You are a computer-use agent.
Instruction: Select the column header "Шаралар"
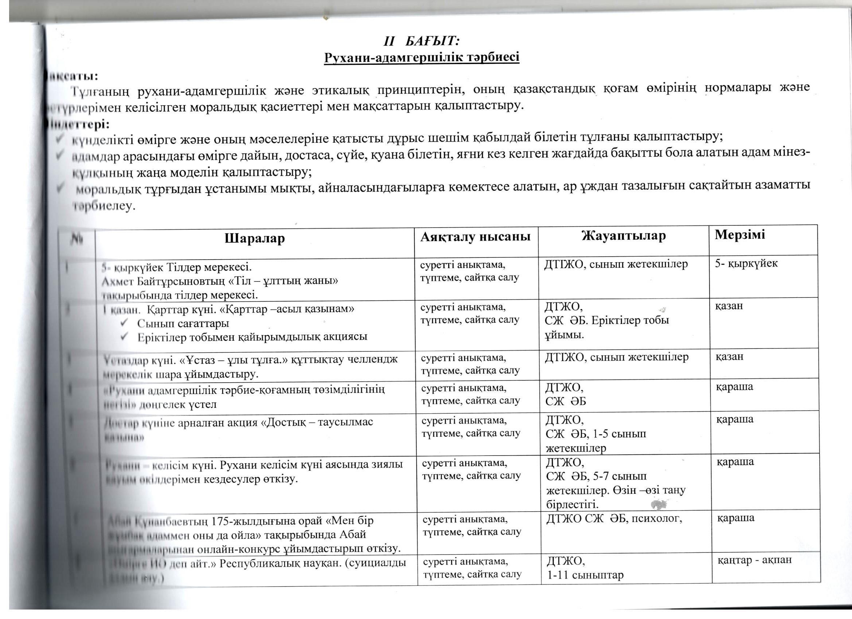[255, 239]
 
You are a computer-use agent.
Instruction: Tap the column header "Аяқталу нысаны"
[475, 236]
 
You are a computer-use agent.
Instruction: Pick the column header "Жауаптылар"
[623, 235]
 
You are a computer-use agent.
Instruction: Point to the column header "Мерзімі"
[740, 234]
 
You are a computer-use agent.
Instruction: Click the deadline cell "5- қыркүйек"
[746, 263]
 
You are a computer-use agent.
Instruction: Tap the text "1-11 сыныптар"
[585, 575]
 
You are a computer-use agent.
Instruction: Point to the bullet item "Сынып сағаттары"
[183, 323]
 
